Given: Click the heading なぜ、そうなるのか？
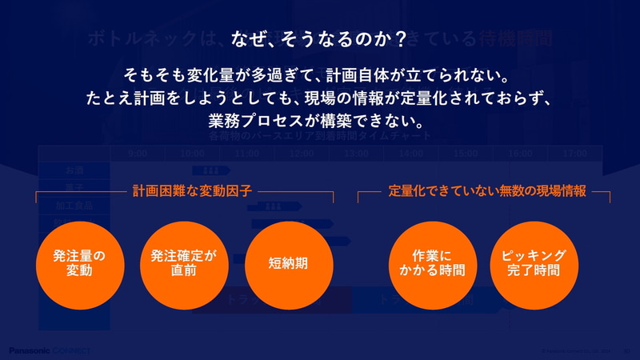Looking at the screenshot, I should tap(319, 38).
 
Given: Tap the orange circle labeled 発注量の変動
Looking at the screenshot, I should tap(79, 264).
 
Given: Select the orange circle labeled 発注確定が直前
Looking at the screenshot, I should tap(184, 264).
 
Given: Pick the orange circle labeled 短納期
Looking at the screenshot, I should tap(289, 264).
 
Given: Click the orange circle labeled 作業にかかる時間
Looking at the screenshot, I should tap(431, 264).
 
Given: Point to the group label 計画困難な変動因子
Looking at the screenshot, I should tap(192, 192).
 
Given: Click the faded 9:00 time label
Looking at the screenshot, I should tap(138, 153).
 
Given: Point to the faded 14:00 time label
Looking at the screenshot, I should tap(410, 153).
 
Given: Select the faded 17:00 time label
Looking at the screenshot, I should tap(574, 153).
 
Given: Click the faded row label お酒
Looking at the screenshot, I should tap(74, 170).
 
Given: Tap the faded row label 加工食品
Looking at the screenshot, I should tap(74, 204).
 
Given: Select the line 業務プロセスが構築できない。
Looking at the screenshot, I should tap(319, 121).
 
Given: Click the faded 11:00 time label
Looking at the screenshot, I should tap(246, 153).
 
